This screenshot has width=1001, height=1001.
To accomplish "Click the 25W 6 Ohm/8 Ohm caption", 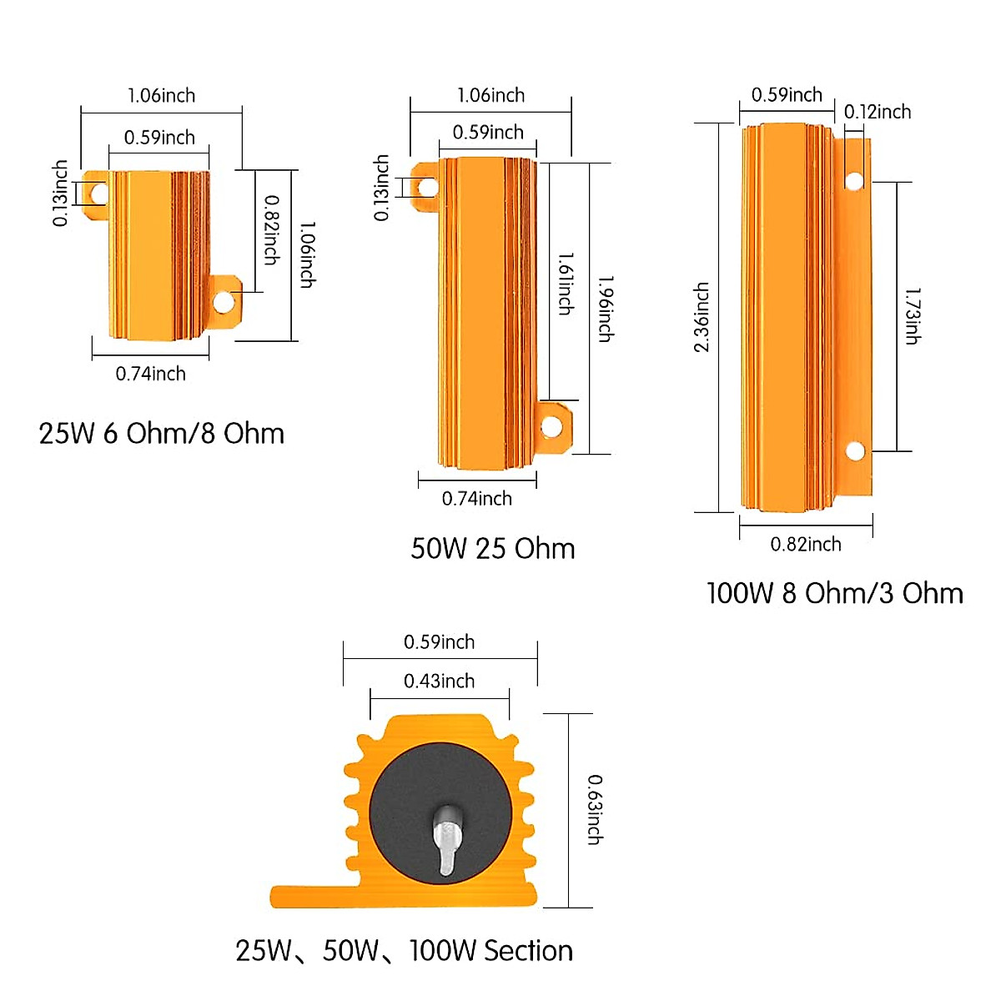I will point(161,434).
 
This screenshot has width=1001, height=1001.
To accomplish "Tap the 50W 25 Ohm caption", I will point(492,549).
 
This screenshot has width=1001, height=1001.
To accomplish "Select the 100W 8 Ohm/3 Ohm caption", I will point(834,593).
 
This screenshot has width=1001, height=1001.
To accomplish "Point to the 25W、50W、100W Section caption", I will point(404,951).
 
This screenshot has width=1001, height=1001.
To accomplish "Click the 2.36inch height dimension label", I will point(702,317).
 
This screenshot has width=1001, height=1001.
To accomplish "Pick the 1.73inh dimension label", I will point(913,316).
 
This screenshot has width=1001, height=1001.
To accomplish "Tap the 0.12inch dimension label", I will point(877,112).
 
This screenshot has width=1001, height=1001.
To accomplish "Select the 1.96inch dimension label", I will point(606,309).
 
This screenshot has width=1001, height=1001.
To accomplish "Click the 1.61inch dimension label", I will point(566,284).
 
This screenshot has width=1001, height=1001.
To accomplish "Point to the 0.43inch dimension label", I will point(439,682).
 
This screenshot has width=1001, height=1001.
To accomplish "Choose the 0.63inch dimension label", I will point(594,809).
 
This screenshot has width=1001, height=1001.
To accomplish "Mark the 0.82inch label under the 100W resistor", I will point(805,545).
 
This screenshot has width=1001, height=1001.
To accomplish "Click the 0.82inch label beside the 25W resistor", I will point(271,230).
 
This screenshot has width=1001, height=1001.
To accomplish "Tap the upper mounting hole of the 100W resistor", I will point(853,180).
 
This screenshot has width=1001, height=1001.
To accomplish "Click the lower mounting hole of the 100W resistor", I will point(854,451).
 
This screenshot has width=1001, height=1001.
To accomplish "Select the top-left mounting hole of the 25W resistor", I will point(98,194).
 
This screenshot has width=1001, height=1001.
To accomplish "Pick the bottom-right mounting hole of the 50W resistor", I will point(551,427).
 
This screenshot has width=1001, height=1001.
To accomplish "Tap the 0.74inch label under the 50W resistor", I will point(476,499).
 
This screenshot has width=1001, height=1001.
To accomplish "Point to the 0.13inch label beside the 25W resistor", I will point(60,194).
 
